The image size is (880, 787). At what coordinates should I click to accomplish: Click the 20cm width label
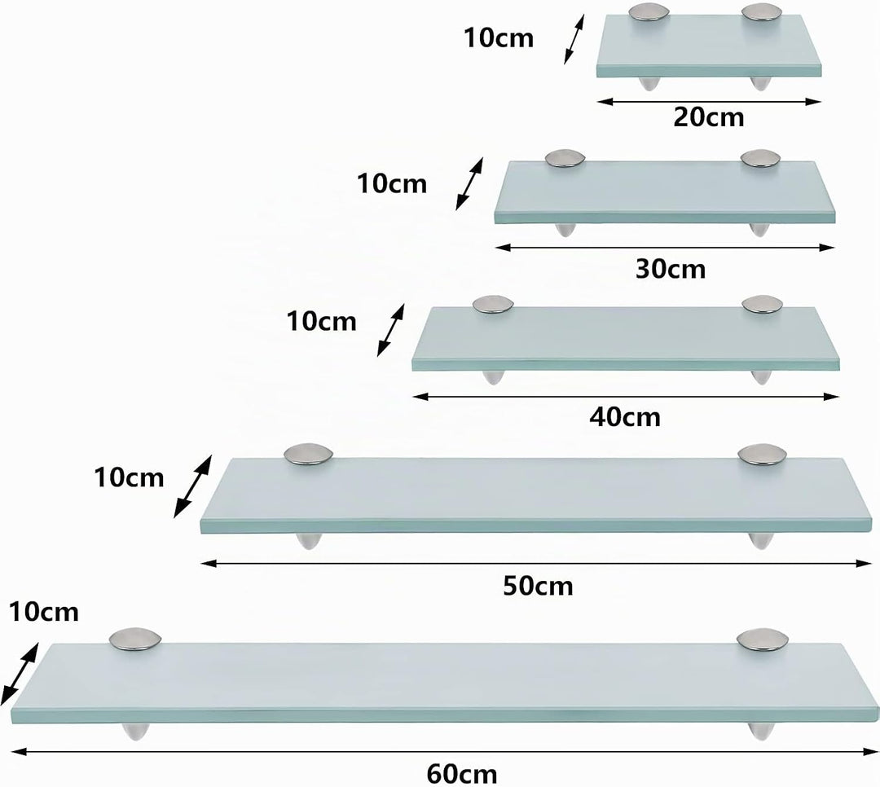[709, 117]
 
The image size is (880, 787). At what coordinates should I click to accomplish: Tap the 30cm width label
[671, 269]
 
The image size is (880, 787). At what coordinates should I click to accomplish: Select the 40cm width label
[625, 417]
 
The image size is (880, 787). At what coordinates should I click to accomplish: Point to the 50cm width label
[538, 586]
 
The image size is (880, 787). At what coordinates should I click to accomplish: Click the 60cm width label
[462, 775]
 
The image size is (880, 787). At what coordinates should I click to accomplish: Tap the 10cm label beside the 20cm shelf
[499, 38]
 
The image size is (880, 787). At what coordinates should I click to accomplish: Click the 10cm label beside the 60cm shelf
[44, 613]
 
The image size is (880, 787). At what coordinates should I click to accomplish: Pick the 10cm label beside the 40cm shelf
[322, 322]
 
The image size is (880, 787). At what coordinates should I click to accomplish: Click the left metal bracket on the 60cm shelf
[135, 640]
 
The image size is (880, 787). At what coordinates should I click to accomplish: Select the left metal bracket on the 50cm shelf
[309, 455]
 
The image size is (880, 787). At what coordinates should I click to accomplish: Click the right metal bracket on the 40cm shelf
[762, 305]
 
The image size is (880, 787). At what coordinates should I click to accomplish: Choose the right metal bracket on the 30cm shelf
[760, 158]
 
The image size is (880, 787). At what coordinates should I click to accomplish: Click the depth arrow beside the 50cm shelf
[192, 486]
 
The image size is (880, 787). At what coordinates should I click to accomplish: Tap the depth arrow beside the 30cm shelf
[469, 183]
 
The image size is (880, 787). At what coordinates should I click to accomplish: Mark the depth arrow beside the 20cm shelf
[574, 39]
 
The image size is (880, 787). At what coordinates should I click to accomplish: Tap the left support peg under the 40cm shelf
[493, 377]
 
